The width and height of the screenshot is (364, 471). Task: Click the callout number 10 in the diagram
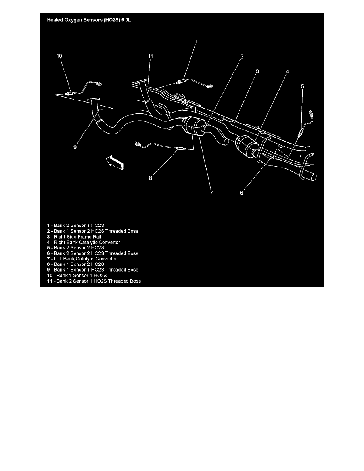click(59, 56)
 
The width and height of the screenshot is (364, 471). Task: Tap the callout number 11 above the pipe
click(150, 56)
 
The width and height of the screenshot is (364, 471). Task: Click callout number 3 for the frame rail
click(257, 71)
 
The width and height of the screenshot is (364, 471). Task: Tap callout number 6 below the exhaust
click(242, 193)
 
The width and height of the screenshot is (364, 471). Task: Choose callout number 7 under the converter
click(211, 193)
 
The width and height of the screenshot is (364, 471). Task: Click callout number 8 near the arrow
click(150, 178)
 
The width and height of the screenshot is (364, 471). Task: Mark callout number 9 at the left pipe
click(75, 147)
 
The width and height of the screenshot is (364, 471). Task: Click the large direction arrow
click(115, 163)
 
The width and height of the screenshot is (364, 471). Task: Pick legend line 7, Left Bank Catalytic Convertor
click(81, 258)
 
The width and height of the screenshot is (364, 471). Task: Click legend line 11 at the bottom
click(93, 281)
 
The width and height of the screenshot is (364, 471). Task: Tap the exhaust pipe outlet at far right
click(311, 177)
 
